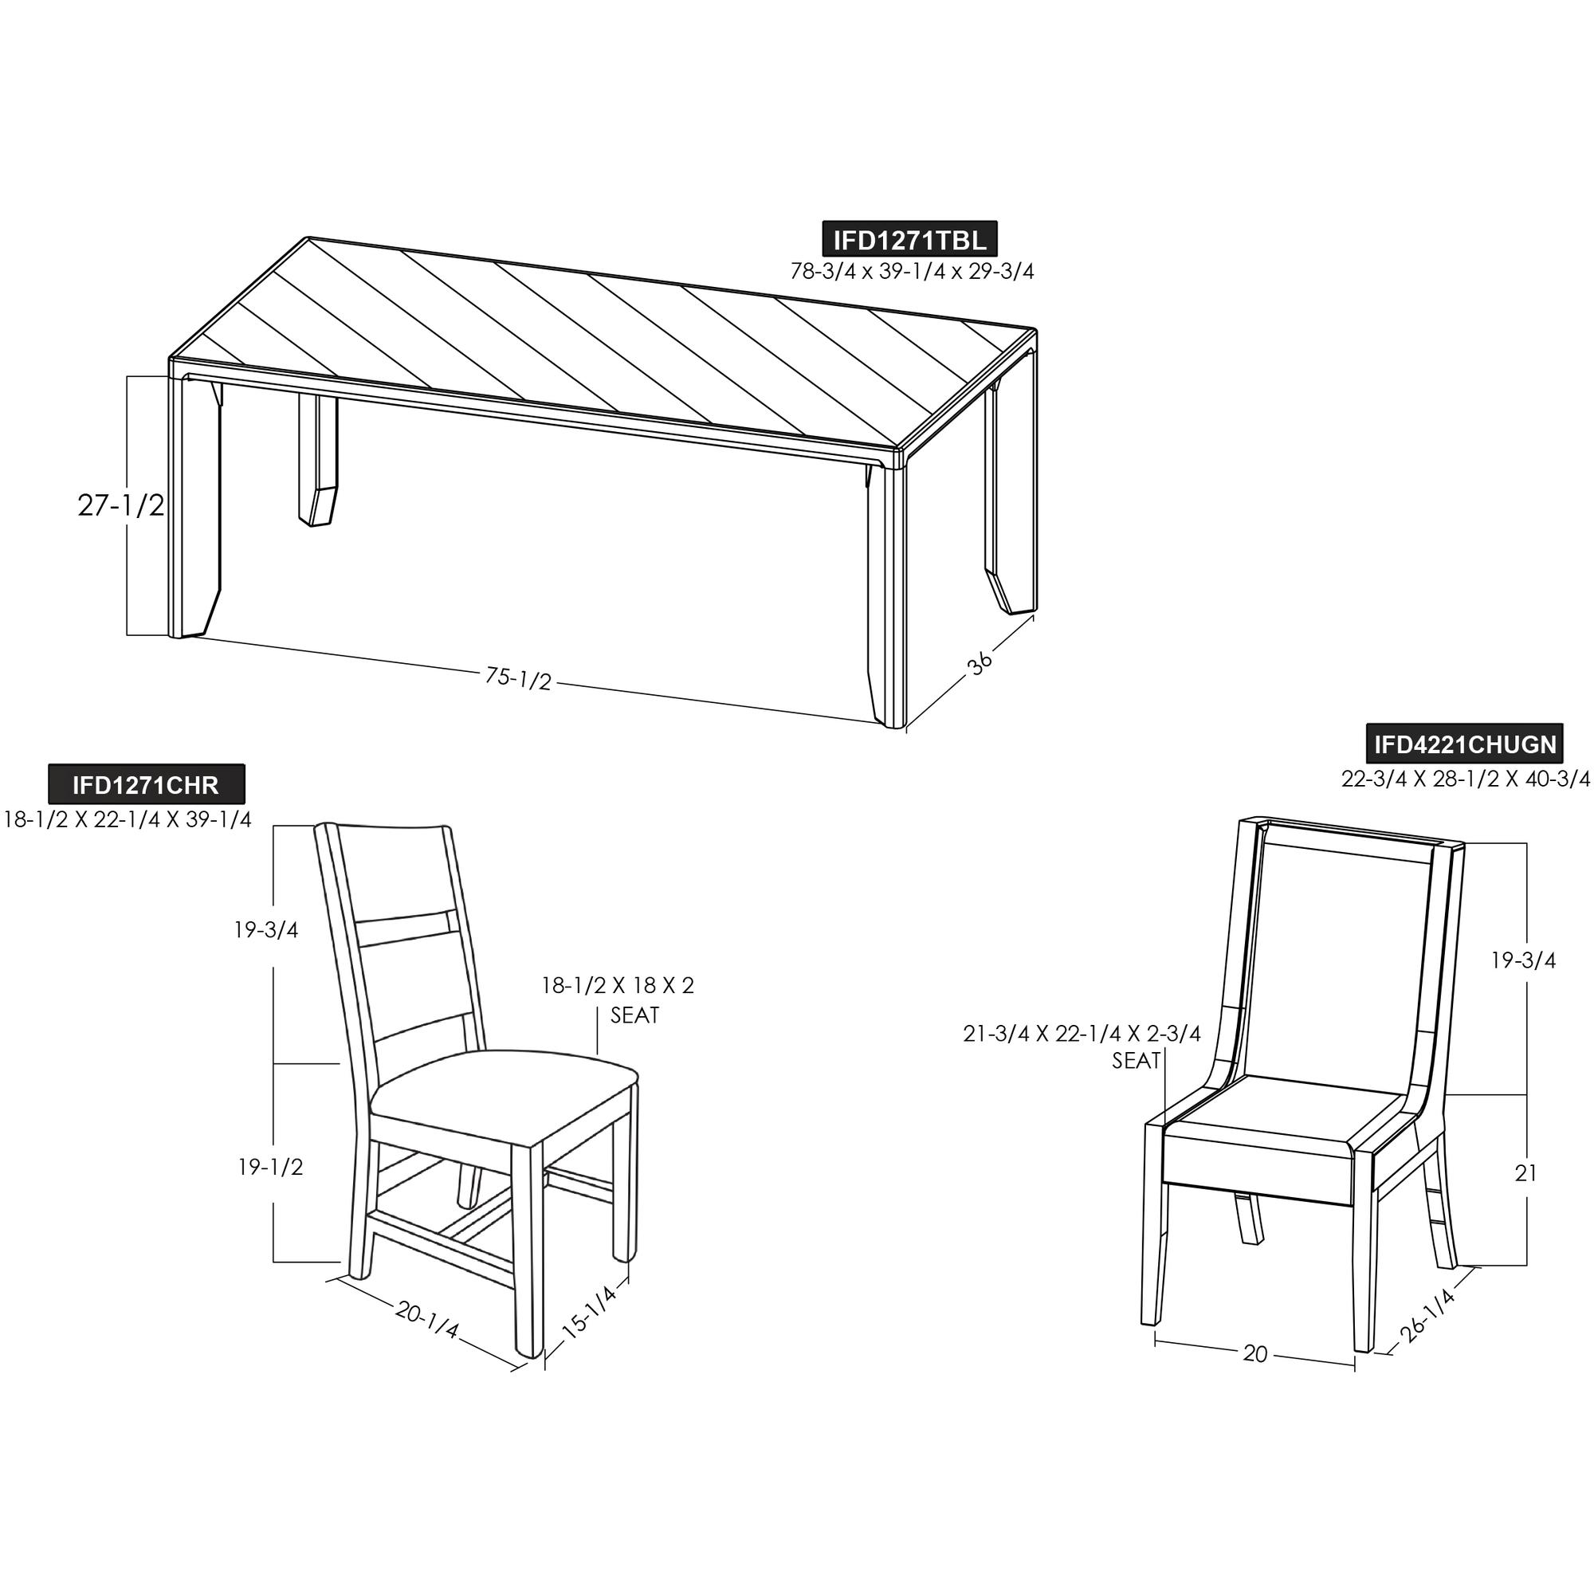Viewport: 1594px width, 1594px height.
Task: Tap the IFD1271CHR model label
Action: point(146,783)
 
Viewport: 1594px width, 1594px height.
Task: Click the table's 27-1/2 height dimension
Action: point(121,506)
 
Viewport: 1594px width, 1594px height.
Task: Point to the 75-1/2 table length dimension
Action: point(518,678)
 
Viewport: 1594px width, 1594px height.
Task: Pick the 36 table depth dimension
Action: point(980,663)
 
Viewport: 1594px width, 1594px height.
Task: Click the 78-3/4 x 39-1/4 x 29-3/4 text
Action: point(912,272)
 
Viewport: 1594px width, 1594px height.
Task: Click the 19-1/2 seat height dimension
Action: point(271,1167)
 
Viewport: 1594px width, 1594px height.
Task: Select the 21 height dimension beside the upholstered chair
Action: point(1525,1172)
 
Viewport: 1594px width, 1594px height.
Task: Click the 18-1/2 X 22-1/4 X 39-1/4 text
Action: point(128,819)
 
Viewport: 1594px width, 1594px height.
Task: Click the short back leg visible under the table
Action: point(318,459)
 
